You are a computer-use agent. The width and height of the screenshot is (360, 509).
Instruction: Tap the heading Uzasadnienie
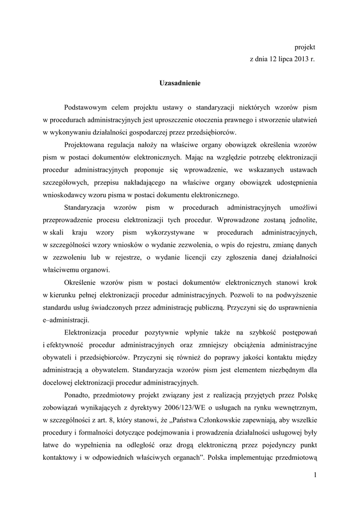click(x=180, y=83)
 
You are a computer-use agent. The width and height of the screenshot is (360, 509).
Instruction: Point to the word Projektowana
click(x=85, y=145)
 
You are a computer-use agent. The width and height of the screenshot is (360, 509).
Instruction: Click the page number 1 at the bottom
click(x=315, y=476)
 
